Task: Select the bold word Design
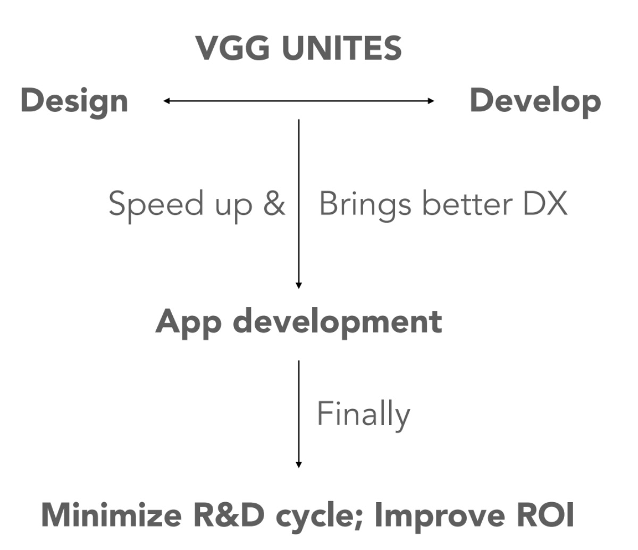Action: (x=74, y=101)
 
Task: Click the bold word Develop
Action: (x=535, y=101)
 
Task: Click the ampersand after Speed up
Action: (x=274, y=204)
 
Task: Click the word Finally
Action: (x=363, y=414)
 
